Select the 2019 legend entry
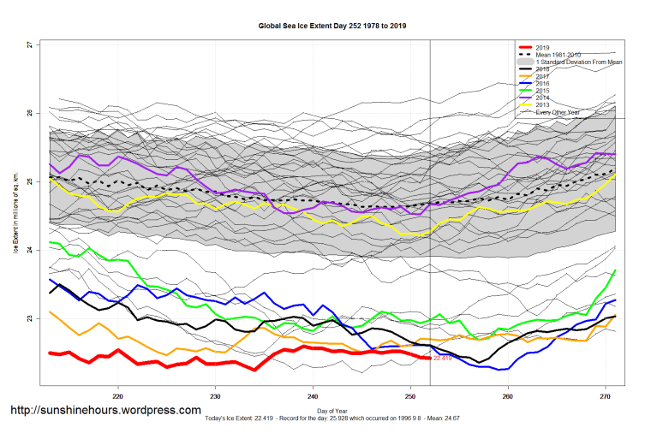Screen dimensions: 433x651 pos(543,48)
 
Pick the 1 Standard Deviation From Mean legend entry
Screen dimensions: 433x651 pos(577,62)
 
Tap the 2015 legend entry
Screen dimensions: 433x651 pos(543,91)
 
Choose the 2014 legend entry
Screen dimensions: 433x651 pos(543,98)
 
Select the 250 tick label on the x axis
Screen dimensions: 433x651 pos(410,394)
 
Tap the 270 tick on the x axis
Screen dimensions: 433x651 pos(606,394)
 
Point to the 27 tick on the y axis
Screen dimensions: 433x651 pos(29,44)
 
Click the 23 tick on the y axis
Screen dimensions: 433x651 pos(29,319)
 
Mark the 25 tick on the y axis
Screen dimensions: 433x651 pos(29,181)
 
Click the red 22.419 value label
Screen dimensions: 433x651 pos(443,359)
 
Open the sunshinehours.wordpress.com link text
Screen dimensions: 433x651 pos(105,411)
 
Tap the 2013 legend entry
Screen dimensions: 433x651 pos(543,105)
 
